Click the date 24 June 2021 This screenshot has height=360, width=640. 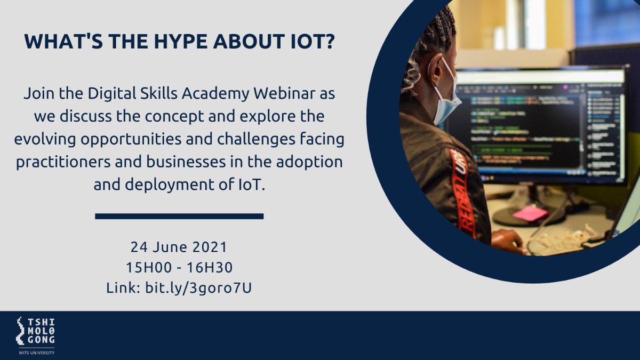point(179,247)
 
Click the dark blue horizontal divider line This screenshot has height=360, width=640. point(179,216)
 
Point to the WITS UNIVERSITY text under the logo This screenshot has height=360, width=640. point(35,352)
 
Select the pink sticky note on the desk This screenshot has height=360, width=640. point(530,214)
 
